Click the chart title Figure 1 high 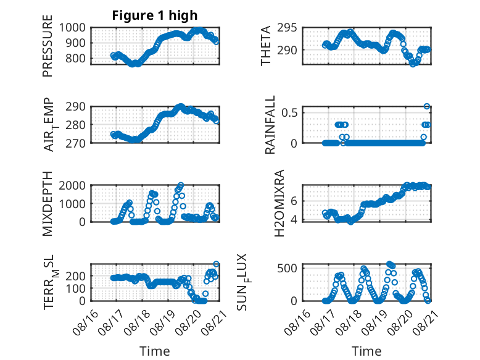coord(155,15)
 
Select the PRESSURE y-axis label coord(48,46)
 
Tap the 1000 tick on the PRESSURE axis coord(72,28)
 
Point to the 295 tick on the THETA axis coord(287,28)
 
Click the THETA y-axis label coord(266,46)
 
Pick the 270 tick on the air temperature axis coord(76,143)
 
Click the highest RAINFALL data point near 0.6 coord(427,106)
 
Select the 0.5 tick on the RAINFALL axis coord(289,112)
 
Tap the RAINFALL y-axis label coord(270,125)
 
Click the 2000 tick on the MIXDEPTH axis coord(72,185)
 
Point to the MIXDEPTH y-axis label coord(48,204)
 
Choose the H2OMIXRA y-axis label coord(279,203)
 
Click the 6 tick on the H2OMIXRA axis coord(294,201)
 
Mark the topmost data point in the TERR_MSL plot coord(216,264)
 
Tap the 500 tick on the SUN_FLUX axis coord(287,269)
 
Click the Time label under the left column coord(155,351)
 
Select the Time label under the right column coord(366,351)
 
